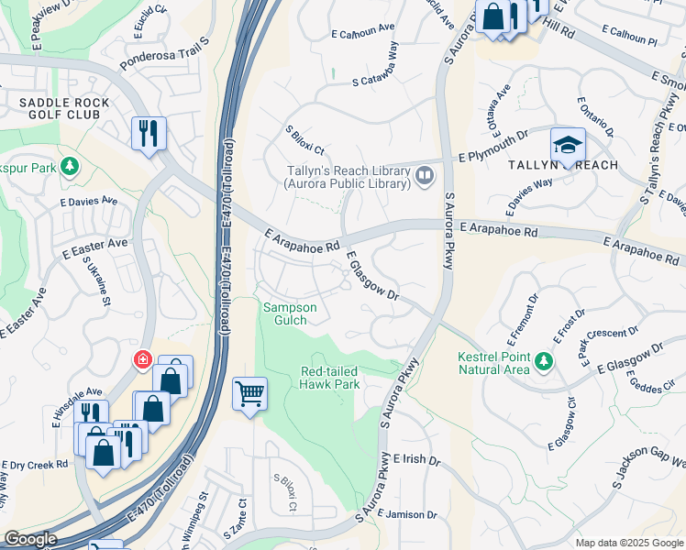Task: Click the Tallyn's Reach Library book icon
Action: click(424, 175)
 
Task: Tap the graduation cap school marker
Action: click(568, 146)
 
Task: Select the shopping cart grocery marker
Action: click(249, 394)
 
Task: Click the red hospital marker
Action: click(143, 359)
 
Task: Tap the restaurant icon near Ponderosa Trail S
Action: click(147, 133)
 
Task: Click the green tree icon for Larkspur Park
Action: click(68, 167)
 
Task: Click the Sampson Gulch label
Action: click(291, 313)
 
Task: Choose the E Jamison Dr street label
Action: click(407, 514)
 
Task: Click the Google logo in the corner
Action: click(30, 539)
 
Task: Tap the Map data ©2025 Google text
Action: click(628, 543)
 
